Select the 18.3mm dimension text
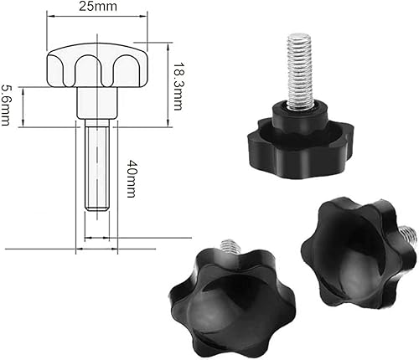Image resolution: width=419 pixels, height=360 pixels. (178, 86)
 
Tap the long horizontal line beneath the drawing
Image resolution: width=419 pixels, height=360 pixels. (84, 249)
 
